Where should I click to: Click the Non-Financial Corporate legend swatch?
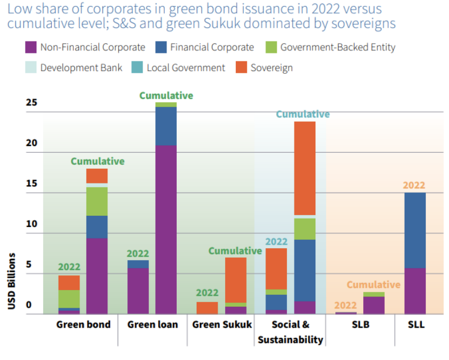pos(31,47)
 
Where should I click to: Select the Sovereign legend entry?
pos(272,68)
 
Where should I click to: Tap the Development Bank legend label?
pos(81,68)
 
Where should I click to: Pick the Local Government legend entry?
pos(186,68)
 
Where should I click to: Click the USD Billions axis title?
pos(12,281)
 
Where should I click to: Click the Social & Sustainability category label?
pos(290,332)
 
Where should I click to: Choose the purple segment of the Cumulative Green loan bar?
pos(166,229)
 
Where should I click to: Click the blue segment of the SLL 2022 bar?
pos(415,230)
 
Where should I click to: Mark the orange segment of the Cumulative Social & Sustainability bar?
pos(305,168)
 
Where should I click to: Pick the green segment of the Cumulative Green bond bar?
pos(97,201)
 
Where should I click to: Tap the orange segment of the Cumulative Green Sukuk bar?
pos(235,280)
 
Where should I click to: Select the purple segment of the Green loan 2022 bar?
pos(138,291)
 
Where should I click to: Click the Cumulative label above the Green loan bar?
pos(166,95)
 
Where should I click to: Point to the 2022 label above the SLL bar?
pos(414,185)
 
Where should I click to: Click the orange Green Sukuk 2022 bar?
pos(207,308)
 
